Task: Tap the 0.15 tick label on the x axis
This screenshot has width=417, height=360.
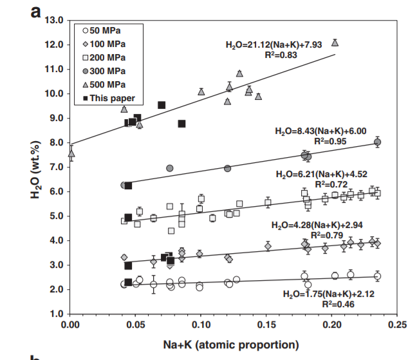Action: pos(267,325)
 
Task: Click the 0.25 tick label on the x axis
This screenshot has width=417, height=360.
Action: pos(398,325)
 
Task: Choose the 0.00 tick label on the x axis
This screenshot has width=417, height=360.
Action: pos(70,325)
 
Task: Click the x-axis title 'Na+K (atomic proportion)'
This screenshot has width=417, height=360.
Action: pos(234,345)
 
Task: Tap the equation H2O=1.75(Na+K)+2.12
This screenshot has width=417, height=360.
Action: pos(329,294)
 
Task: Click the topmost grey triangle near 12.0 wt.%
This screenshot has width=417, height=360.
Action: pos(335,43)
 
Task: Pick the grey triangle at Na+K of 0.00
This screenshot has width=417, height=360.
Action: pos(71,153)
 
